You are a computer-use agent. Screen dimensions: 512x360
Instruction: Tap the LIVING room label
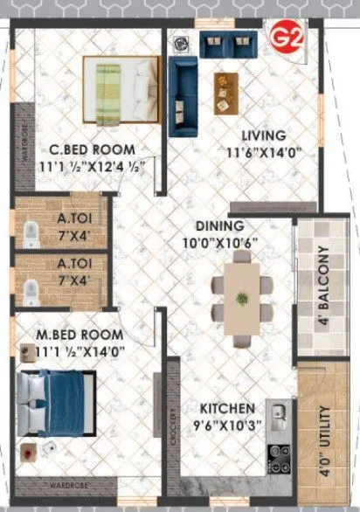point(264,135)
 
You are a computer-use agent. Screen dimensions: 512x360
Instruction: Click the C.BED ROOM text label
point(88,149)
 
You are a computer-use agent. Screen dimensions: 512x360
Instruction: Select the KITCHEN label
point(225,408)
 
